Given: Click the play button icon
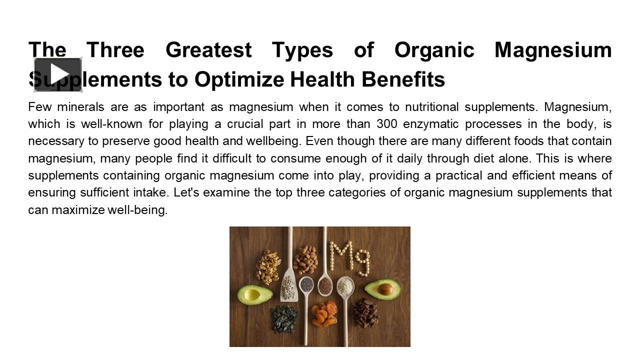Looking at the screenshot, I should click(58, 74).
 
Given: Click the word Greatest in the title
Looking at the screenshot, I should click(208, 50).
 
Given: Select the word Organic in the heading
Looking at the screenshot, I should click(434, 50).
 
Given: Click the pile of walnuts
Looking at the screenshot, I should click(268, 266).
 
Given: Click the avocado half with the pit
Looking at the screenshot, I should click(382, 289).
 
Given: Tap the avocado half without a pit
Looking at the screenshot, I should click(254, 294).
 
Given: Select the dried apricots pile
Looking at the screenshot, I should click(324, 314).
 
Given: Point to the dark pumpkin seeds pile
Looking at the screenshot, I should click(284, 318).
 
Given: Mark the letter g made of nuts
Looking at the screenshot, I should click(362, 261).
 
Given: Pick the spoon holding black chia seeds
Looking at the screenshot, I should click(306, 285).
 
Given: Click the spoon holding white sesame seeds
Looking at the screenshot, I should click(345, 286).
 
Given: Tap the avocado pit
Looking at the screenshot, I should click(385, 289).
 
